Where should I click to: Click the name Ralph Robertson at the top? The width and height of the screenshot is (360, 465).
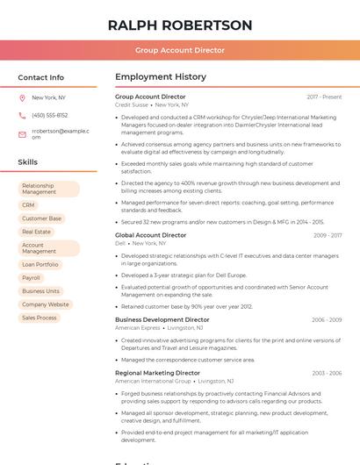click(180, 25)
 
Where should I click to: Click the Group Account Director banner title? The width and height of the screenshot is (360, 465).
click(180, 51)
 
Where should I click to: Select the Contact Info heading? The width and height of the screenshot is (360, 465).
click(40, 77)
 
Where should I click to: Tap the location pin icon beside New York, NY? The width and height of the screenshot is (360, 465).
click(22, 97)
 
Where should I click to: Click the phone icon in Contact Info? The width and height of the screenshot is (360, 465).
click(22, 115)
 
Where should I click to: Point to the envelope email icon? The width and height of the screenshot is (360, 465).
click(22, 134)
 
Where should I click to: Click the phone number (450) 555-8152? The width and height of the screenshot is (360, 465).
click(49, 115)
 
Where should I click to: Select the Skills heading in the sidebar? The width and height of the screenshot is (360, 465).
click(27, 162)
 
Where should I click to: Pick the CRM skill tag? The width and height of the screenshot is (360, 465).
click(28, 204)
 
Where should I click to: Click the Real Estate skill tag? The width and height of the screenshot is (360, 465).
click(36, 232)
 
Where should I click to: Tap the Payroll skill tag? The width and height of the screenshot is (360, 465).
click(31, 277)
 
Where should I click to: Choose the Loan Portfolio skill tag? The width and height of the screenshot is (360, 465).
click(40, 264)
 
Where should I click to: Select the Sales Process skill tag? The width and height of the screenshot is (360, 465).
click(40, 318)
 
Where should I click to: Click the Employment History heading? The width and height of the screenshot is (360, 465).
click(161, 77)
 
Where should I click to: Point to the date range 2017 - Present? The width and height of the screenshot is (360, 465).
click(324, 97)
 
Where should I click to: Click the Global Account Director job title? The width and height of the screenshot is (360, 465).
click(151, 235)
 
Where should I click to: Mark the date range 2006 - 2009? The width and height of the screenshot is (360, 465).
click(327, 320)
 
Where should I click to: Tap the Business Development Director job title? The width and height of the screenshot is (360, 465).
click(162, 320)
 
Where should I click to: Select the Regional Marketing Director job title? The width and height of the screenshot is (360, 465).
click(158, 373)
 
